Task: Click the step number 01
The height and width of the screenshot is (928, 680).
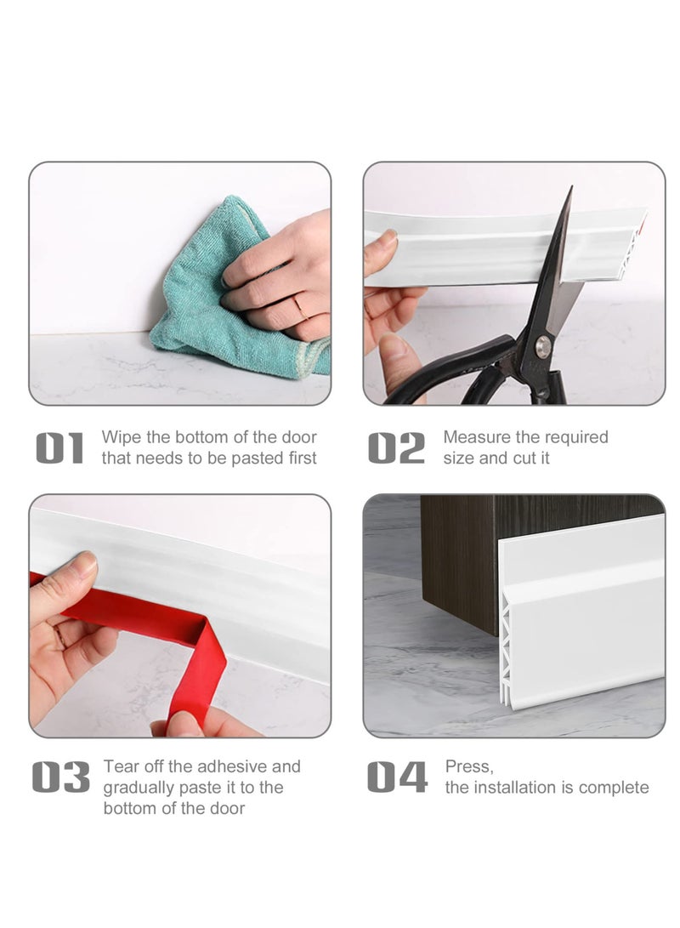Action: pos(59,448)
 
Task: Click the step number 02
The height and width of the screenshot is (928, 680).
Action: pos(396,448)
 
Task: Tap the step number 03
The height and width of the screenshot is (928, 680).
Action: pos(60,777)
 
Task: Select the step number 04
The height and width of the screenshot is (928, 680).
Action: pos(397,777)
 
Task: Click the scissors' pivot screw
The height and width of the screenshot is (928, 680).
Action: pos(542,344)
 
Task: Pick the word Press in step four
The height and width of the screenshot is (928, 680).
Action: pos(468,767)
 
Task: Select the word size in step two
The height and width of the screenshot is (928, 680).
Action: pos(458,458)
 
